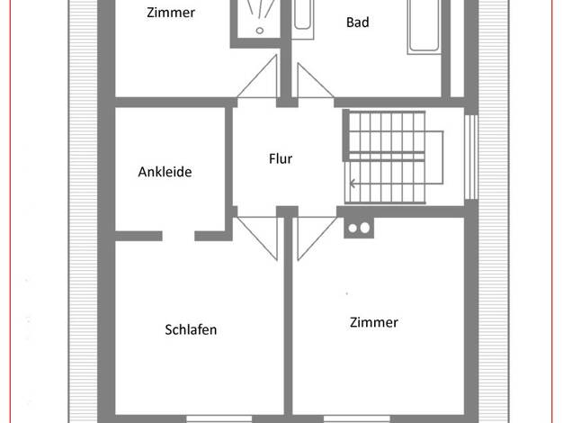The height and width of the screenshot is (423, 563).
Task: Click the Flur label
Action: click(281, 158)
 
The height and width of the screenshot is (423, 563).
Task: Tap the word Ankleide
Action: click(165, 172)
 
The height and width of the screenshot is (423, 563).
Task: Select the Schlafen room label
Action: click(191, 329)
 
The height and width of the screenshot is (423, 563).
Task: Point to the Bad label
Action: click(358, 22)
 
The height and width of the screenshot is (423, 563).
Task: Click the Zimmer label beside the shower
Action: click(171, 13)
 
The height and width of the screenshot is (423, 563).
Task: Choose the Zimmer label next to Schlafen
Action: click(374, 322)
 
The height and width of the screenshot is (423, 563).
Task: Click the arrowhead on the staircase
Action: click(353, 184)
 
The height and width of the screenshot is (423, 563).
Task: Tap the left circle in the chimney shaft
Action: click(353, 229)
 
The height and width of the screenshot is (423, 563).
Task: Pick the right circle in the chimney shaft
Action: click(365, 228)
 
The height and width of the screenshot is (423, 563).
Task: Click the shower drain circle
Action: click(260, 31)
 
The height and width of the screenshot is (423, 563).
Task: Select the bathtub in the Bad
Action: click(424, 26)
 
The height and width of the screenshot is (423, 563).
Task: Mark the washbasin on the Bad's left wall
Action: click(302, 18)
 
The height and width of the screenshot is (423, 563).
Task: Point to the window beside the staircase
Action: click(471, 157)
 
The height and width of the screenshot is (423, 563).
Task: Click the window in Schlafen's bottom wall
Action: click(219, 419)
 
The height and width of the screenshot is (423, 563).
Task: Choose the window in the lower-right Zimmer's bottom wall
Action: click(357, 419)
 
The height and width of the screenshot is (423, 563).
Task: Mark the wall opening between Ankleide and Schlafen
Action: click(178, 236)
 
